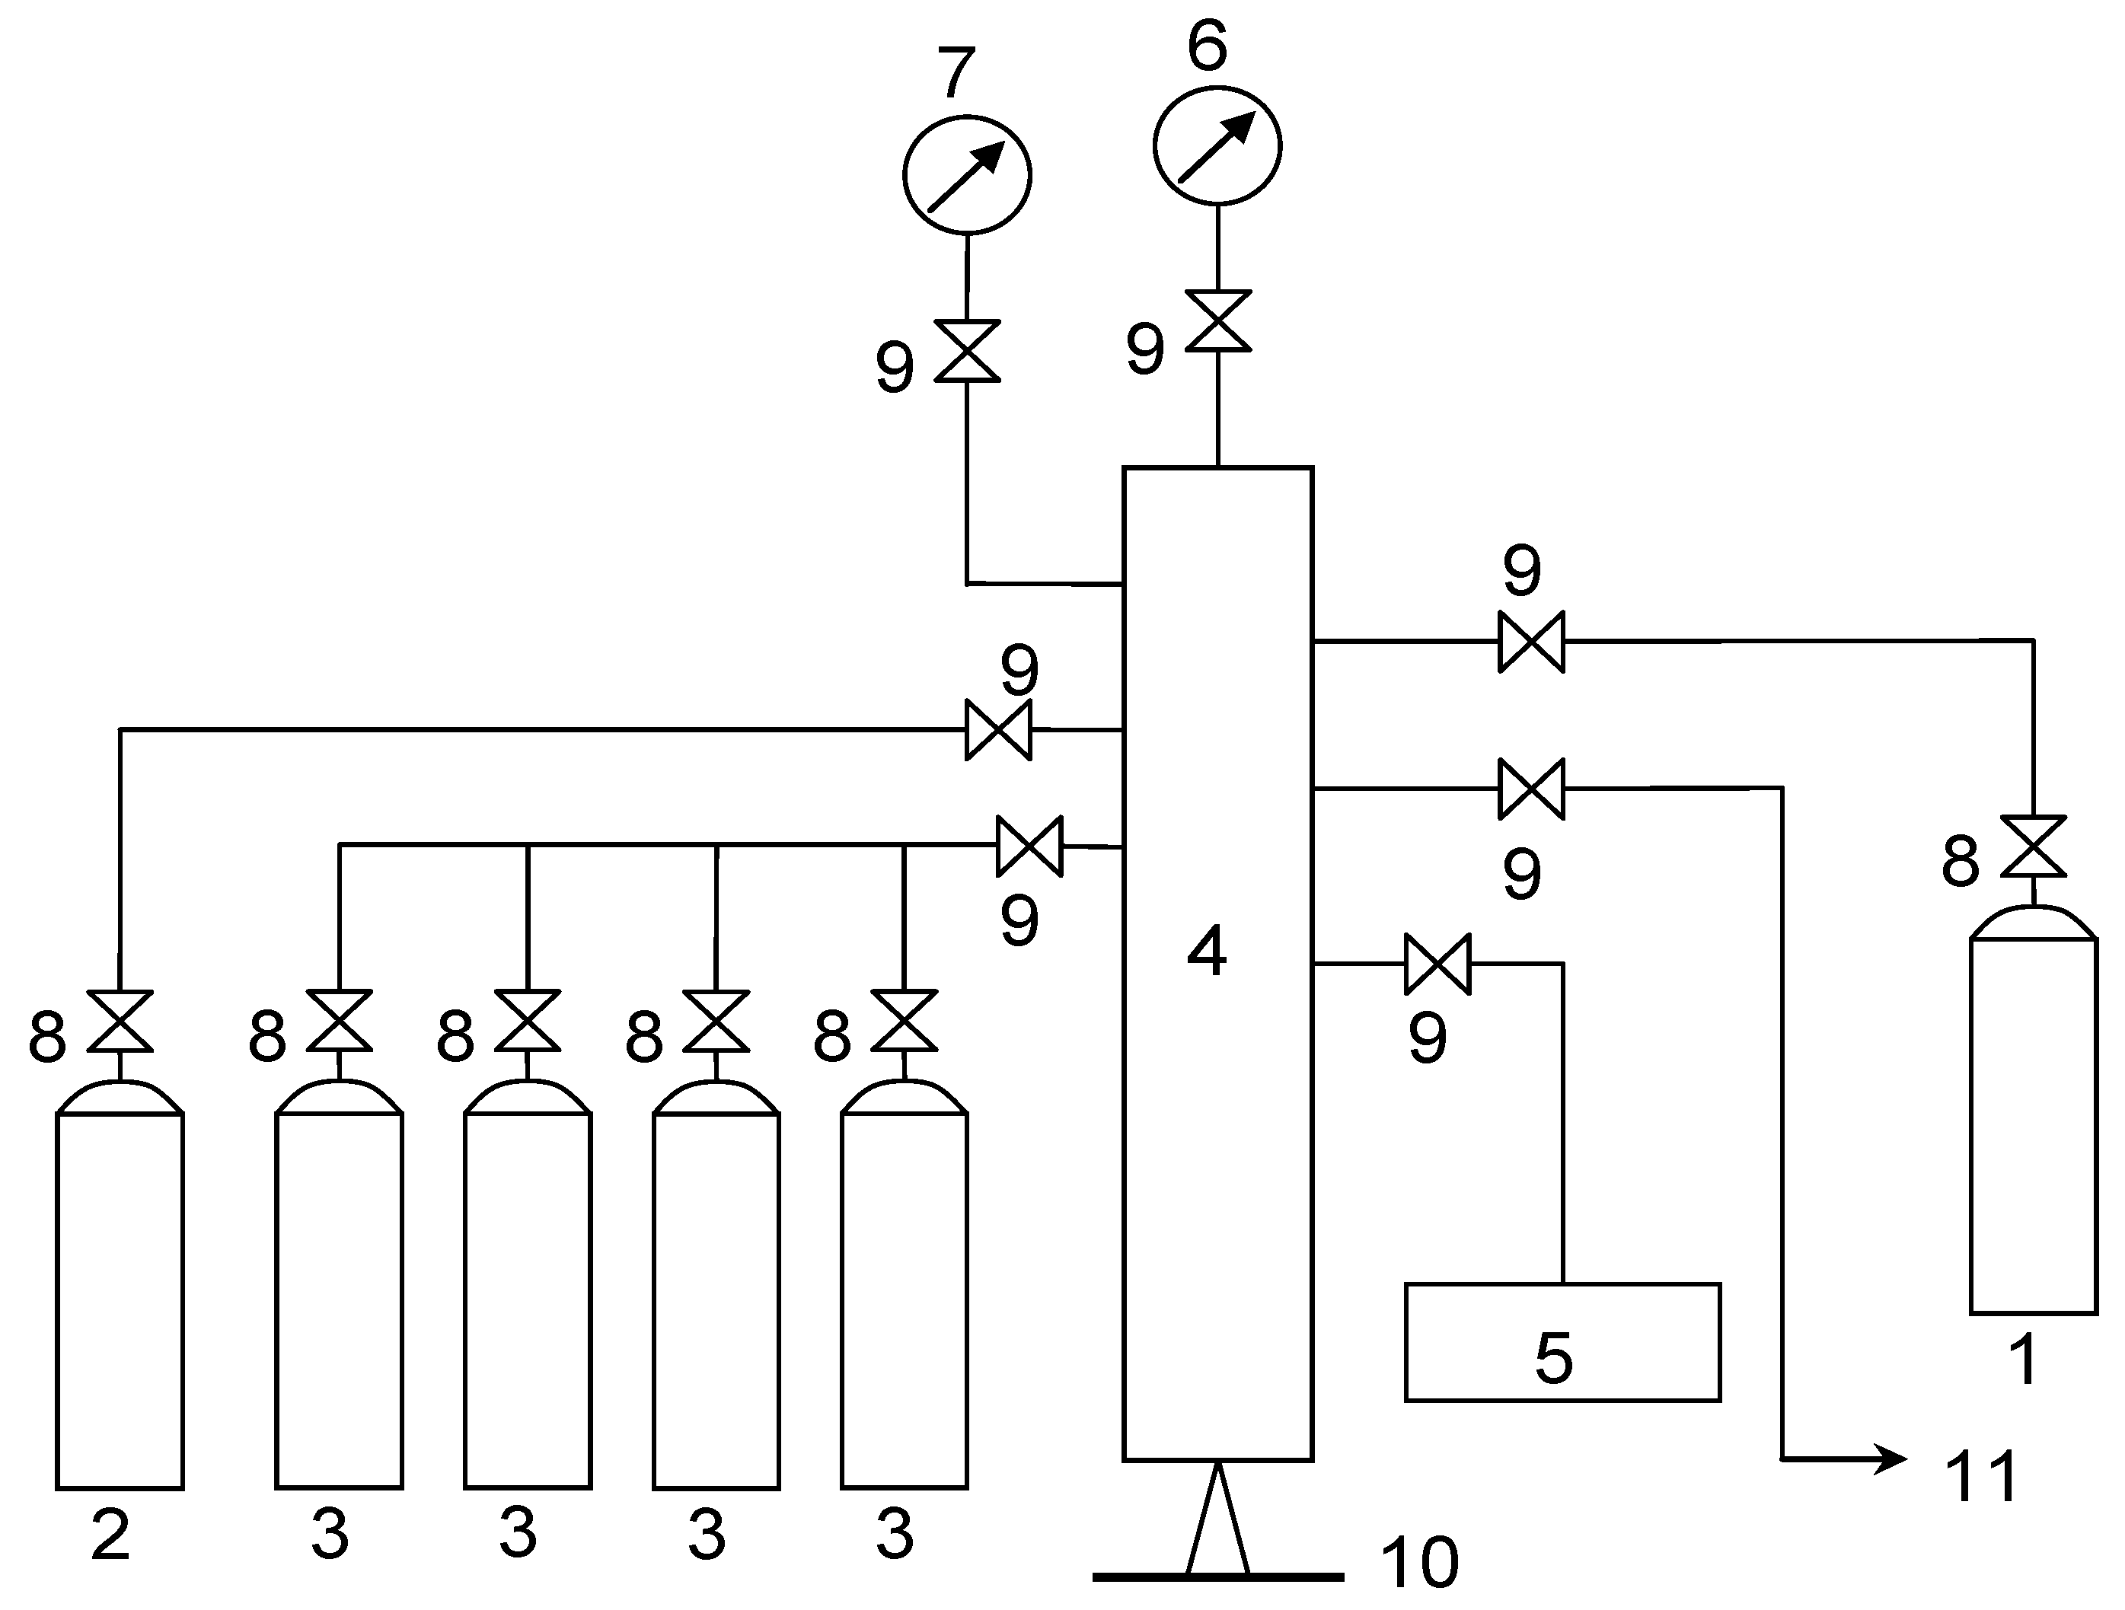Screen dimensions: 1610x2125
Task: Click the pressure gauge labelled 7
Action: click(966, 175)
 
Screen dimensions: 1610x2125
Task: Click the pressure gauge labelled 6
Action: click(1217, 146)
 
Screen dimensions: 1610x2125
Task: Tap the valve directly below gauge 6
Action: click(1218, 320)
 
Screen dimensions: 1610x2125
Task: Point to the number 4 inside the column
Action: click(1208, 951)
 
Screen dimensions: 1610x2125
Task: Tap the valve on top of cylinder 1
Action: click(2033, 846)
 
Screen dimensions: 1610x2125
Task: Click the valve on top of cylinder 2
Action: click(120, 1021)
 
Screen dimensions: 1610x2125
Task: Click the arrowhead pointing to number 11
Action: click(1893, 1459)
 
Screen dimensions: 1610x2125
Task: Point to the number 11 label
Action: click(1981, 1477)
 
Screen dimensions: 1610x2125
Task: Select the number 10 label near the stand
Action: click(1419, 1562)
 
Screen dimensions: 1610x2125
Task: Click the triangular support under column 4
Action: click(1217, 1522)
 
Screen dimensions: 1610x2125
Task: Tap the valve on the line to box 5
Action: click(1437, 964)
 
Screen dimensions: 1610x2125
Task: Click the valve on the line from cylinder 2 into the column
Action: click(998, 730)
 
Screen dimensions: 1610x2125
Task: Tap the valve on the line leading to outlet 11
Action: click(1531, 789)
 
